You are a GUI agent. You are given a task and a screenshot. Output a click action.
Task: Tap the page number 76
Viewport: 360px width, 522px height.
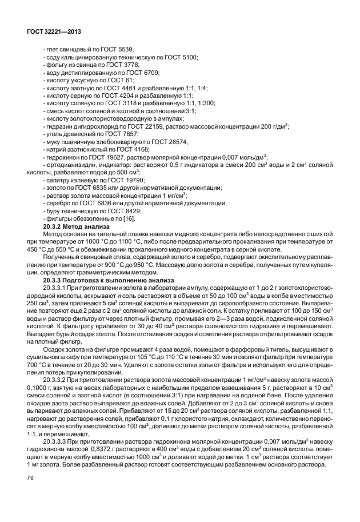tap(27, 493)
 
